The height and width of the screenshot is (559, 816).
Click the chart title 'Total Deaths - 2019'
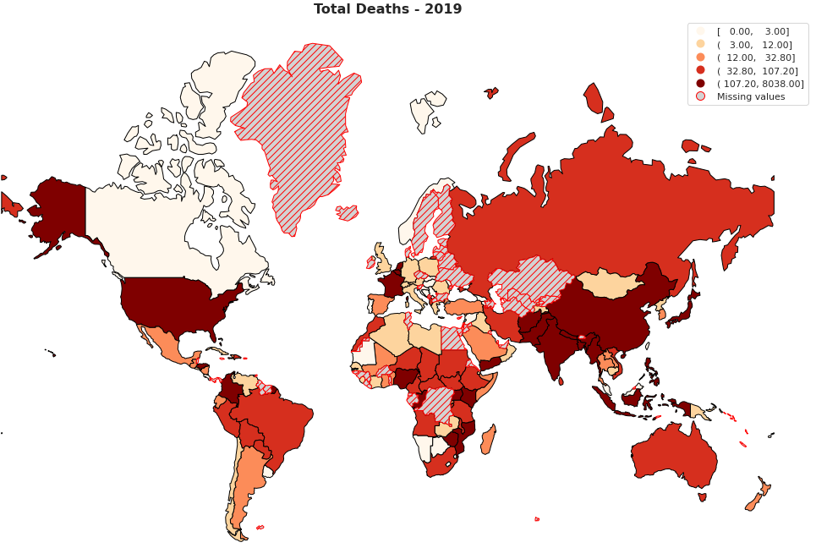pyautogui.click(x=387, y=8)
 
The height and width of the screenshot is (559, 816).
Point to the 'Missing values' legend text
pyautogui.click(x=750, y=96)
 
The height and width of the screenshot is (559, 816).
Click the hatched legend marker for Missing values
pyautogui.click(x=700, y=96)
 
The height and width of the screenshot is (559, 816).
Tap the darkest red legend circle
pyautogui.click(x=700, y=83)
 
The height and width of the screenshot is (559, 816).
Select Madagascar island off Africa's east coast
pyautogui.click(x=488, y=440)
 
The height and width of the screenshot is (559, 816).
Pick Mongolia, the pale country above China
pyautogui.click(x=609, y=282)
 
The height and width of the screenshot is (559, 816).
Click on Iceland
pyautogui.click(x=348, y=212)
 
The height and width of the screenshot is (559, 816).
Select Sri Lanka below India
pyautogui.click(x=561, y=381)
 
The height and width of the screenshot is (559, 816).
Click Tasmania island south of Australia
pyautogui.click(x=703, y=497)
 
